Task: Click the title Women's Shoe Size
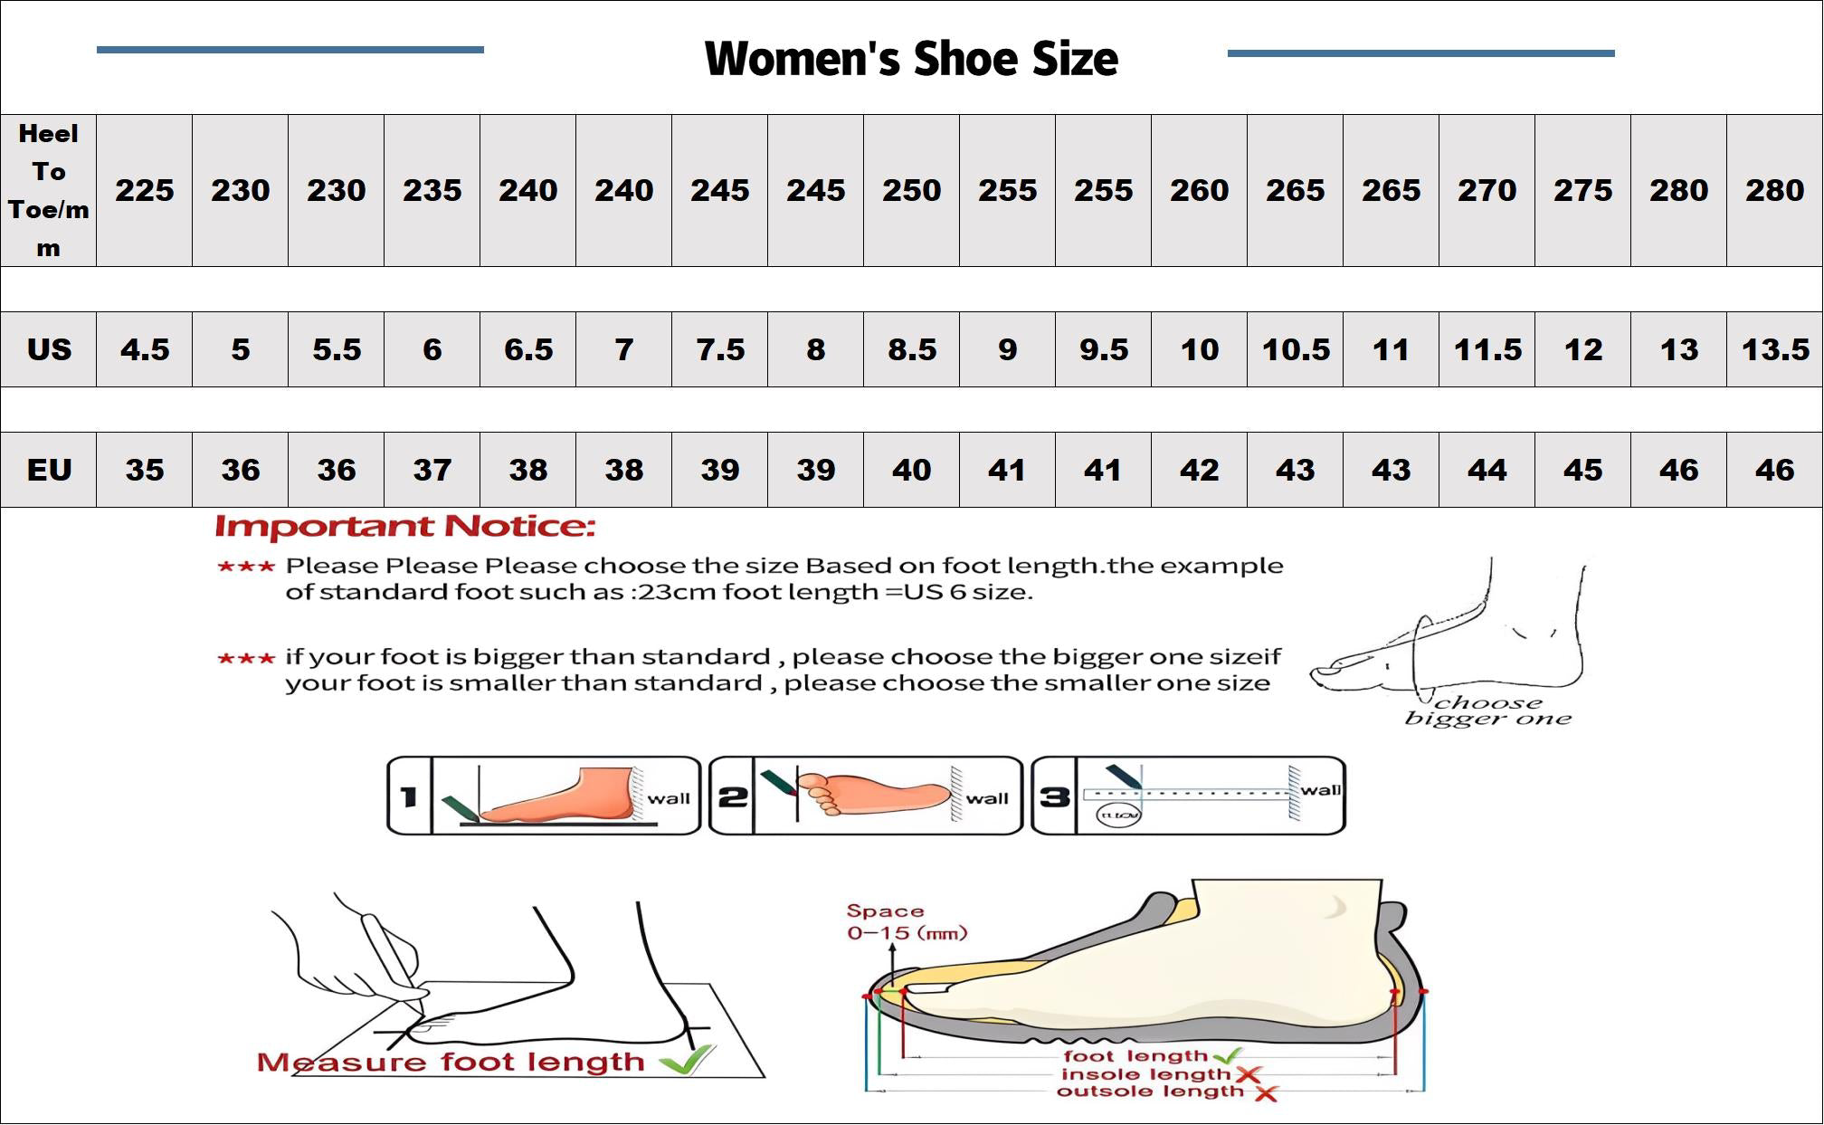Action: [x=911, y=59]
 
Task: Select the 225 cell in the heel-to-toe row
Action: [x=144, y=190]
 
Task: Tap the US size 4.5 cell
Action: [x=144, y=349]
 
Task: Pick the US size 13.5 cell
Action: [x=1774, y=349]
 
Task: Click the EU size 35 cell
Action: [x=144, y=470]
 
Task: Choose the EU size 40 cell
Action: [x=911, y=470]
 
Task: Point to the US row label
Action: [x=49, y=349]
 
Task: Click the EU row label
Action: [x=49, y=470]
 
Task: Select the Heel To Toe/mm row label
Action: [x=49, y=190]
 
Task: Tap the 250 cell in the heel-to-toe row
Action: [x=911, y=190]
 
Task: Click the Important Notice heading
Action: [x=405, y=527]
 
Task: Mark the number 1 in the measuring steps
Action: [x=409, y=796]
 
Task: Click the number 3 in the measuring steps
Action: [x=1054, y=796]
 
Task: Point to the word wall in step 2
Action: [x=987, y=798]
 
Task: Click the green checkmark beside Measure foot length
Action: [x=687, y=1060]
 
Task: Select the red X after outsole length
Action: [x=1266, y=1093]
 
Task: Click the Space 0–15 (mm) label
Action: [x=906, y=922]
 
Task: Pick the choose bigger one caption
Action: [x=1488, y=710]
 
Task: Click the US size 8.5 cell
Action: [x=911, y=349]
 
